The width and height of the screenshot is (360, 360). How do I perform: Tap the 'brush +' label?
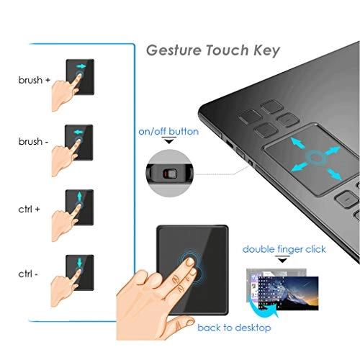click(34, 80)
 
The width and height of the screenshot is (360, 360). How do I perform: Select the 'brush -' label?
click(34, 142)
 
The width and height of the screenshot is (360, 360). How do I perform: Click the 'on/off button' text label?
click(168, 132)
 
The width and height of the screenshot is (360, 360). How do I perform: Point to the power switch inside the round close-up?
click(170, 174)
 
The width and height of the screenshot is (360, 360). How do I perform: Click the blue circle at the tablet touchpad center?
click(315, 157)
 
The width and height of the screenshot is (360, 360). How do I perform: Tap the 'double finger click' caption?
click(284, 249)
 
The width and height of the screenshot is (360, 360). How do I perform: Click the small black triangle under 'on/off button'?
click(169, 143)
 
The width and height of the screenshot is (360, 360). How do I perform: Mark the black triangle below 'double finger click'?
click(283, 261)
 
